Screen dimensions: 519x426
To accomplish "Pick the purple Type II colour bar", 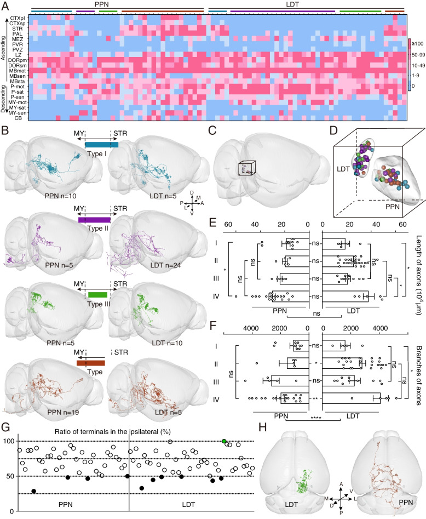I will pos(95,219).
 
